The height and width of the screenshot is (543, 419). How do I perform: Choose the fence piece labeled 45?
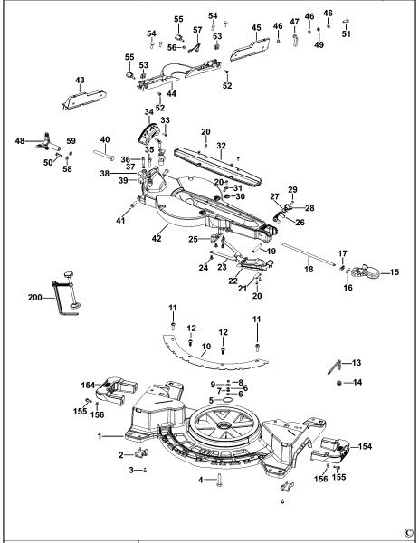253,42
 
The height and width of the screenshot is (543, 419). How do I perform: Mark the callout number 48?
19,140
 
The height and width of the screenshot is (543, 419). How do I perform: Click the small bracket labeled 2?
139,452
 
